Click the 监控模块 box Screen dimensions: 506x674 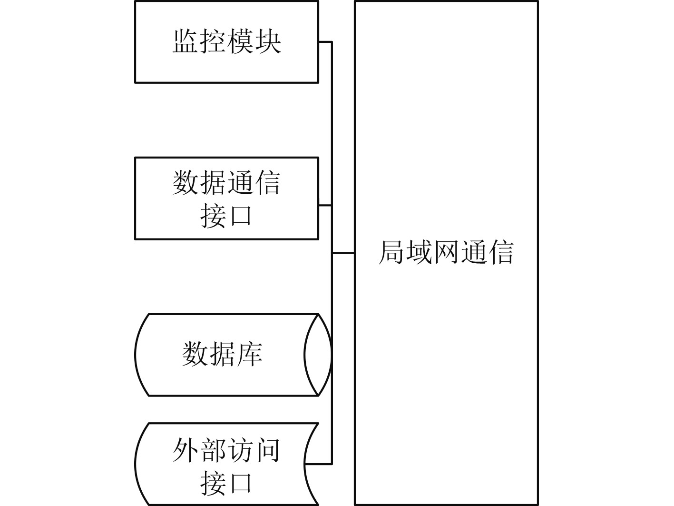[226, 42]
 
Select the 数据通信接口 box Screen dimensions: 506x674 [226, 198]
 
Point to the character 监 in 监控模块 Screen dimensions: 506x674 [186, 41]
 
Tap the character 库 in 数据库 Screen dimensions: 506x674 [249, 354]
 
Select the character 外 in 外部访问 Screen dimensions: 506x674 [186, 450]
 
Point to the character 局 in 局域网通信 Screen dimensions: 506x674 [391, 252]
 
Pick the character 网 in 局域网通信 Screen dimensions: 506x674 [445, 252]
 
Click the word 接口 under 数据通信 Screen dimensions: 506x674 [226, 216]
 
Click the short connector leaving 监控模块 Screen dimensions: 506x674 [325, 42]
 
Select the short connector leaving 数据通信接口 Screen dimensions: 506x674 [325, 205]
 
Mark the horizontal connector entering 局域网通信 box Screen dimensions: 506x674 [343, 253]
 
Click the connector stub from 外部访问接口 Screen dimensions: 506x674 [319, 464]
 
